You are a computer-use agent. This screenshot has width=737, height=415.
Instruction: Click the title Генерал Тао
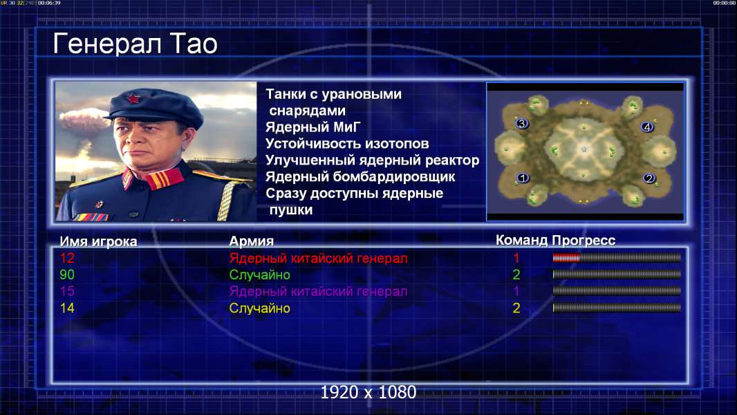(135, 44)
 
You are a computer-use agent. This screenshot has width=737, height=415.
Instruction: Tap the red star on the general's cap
(133, 99)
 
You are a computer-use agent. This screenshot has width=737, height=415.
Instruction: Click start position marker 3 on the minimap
(521, 124)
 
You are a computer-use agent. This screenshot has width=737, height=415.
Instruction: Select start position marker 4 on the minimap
(646, 127)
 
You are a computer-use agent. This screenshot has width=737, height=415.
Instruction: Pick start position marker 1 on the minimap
(523, 178)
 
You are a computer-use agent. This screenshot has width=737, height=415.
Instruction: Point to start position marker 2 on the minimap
(649, 178)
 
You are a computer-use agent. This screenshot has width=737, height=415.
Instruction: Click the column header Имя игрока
(98, 241)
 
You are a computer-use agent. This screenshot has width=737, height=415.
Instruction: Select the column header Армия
(252, 241)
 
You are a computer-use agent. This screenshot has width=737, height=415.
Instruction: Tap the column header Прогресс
(584, 240)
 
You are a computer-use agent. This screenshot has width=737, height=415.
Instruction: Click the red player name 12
(67, 258)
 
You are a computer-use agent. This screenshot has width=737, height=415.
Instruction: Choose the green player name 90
(67, 275)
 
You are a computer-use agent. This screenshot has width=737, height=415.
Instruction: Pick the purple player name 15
(67, 291)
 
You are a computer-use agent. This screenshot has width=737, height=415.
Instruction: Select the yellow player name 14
(67, 308)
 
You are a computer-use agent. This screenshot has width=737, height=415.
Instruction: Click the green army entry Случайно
(259, 275)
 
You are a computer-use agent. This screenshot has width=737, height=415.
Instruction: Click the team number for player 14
(516, 308)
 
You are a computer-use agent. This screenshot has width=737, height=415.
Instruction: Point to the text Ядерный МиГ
(312, 127)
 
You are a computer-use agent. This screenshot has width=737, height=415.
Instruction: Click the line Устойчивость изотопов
(347, 143)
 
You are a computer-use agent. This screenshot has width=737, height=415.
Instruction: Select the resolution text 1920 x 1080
(368, 392)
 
